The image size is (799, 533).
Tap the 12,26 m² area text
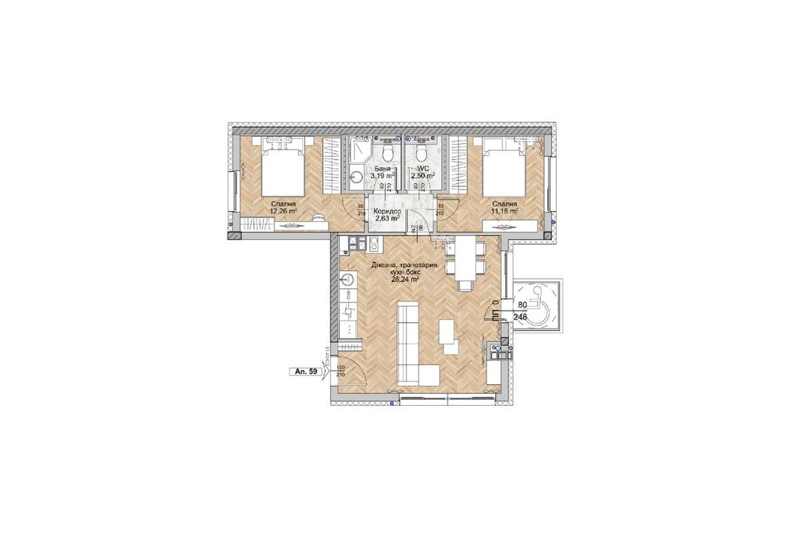(x=284, y=213)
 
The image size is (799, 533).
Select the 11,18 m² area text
(x=504, y=213)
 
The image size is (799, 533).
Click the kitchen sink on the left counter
(x=347, y=280)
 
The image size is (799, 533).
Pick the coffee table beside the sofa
(x=449, y=335)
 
